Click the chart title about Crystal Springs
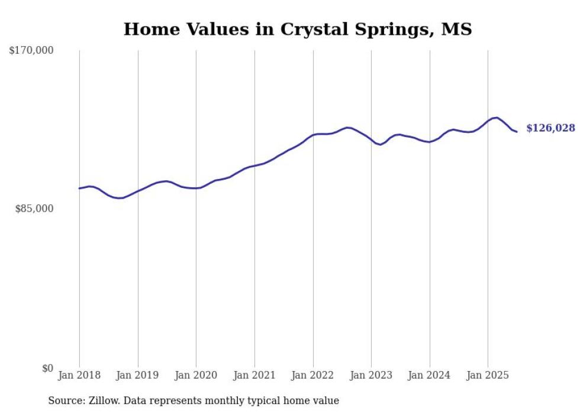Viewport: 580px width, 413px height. (298, 29)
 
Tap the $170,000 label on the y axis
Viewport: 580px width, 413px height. (31, 51)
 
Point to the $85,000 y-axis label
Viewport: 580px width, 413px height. (34, 209)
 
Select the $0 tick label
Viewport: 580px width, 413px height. (47, 368)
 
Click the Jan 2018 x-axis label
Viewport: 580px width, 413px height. (79, 375)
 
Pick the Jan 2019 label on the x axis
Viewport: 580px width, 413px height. (138, 375)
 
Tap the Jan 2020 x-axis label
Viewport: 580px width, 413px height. (196, 375)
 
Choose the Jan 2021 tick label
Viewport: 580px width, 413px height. (254, 375)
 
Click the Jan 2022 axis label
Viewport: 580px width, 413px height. (313, 375)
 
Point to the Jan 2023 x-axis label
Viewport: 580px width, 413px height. (371, 375)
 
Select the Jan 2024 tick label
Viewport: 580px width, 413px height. (430, 375)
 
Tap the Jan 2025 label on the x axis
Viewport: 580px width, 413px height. (488, 375)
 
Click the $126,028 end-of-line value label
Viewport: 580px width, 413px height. (550, 128)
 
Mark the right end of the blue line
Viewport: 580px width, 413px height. (517, 131)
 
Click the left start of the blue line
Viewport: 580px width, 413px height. (79, 188)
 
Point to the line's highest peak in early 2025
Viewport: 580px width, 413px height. (497, 118)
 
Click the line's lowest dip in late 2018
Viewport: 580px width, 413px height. (120, 198)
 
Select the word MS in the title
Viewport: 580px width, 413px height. (456, 29)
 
